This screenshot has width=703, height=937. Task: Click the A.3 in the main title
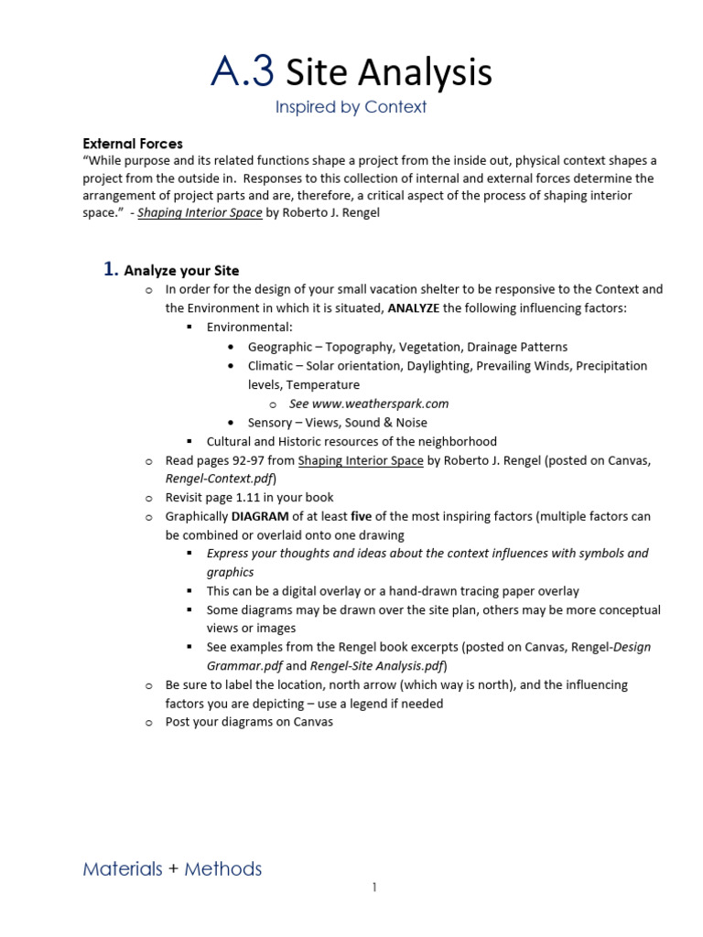coord(243,71)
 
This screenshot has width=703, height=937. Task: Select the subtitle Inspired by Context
coord(351,107)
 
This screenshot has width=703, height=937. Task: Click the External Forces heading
coord(133,144)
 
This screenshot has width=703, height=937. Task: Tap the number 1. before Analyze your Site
coord(110,269)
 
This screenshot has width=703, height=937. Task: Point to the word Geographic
coord(278,347)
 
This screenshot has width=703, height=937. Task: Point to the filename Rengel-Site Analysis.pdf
coord(377,666)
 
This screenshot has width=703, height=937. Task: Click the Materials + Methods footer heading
coord(172,869)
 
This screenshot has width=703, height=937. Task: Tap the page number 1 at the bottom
coord(374,888)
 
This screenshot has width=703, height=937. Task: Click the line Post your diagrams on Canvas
coord(249,722)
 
